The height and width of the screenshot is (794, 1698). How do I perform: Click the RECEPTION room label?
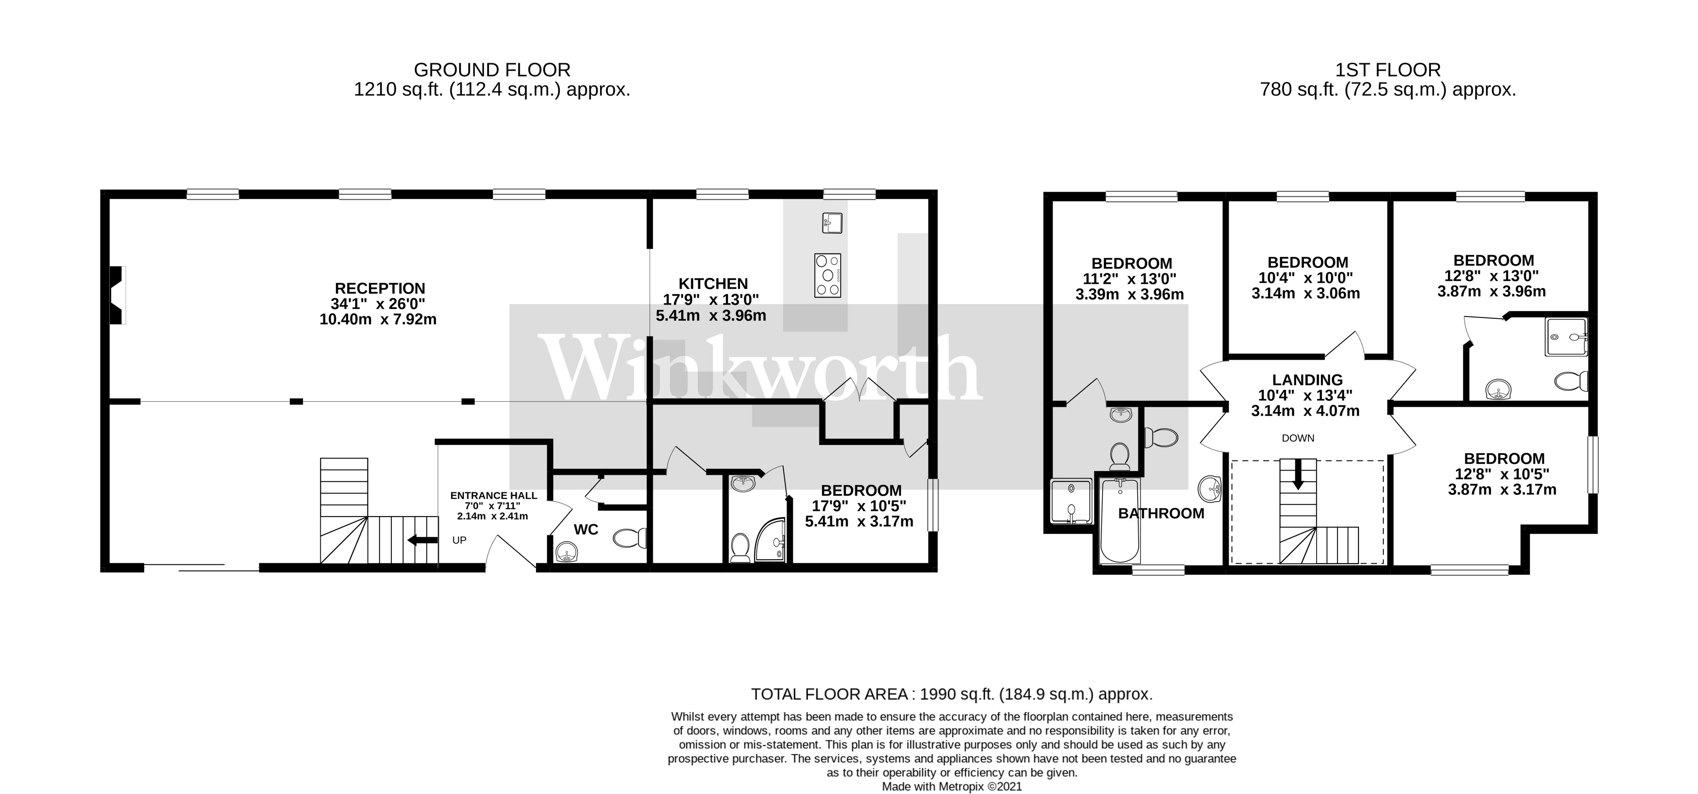pyautogui.click(x=380, y=289)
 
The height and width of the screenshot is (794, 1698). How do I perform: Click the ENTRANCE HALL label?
pyautogui.click(x=493, y=495)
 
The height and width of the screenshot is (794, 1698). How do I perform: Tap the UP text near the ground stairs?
pyautogui.click(x=459, y=540)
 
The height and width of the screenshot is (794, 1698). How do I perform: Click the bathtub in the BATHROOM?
pyautogui.click(x=1119, y=521)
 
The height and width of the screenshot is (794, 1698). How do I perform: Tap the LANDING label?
pyautogui.click(x=1307, y=380)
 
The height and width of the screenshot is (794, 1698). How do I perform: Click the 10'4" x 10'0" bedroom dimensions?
pyautogui.click(x=1305, y=278)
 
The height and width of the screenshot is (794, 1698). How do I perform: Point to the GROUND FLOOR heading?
pyautogui.click(x=492, y=70)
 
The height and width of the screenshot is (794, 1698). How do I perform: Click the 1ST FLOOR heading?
pyautogui.click(x=1387, y=70)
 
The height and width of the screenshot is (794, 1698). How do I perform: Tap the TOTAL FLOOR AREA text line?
pyautogui.click(x=952, y=694)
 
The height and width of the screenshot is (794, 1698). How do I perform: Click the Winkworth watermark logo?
pyautogui.click(x=761, y=369)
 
